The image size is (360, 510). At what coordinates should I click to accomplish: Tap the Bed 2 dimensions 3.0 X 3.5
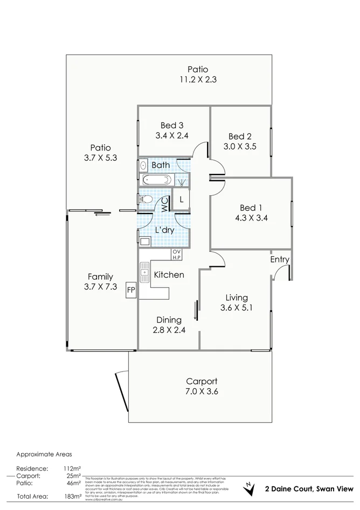coord(240,146)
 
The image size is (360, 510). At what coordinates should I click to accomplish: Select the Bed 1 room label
coord(251,208)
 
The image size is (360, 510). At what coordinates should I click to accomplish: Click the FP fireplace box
coord(130,290)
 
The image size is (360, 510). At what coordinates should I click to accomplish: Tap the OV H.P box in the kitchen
coord(177,253)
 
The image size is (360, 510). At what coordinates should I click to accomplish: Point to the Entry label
coord(280,259)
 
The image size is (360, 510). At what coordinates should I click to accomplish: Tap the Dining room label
coord(169,320)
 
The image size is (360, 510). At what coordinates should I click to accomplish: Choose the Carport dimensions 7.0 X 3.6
coord(202,391)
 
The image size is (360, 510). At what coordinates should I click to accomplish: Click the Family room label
coord(100,277)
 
